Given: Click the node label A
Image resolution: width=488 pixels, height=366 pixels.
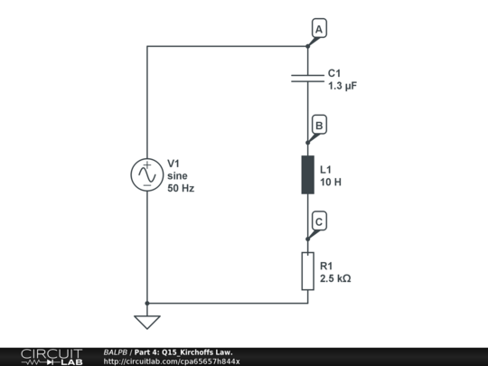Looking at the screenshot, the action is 319,28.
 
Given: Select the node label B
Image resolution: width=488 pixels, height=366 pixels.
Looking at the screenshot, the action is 319,125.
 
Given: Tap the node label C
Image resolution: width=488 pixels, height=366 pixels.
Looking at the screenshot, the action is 319,221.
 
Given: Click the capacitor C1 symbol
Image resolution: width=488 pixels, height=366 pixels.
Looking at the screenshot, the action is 307,79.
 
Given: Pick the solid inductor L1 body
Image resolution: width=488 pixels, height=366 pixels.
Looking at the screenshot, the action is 308,175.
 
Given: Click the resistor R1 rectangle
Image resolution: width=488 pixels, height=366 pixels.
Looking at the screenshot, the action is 308,271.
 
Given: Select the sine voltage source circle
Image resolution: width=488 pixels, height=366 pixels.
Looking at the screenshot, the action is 147,174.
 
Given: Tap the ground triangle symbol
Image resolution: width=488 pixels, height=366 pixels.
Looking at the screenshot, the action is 147,322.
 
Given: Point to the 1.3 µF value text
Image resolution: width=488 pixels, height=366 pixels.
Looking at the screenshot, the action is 343,86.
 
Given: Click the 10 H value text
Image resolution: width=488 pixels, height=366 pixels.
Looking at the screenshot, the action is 331,182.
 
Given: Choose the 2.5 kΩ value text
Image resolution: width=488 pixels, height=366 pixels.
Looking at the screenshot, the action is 335,278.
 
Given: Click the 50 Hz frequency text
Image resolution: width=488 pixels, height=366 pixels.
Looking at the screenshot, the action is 181,188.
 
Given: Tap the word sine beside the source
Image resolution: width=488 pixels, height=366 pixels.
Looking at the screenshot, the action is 177,176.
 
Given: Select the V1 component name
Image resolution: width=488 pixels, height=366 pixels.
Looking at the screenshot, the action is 174,164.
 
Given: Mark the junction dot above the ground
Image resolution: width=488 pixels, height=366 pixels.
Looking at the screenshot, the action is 147,303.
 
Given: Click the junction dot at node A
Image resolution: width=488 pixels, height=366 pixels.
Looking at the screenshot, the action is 308,46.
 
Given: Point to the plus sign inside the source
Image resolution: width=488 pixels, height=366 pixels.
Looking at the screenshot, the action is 147,165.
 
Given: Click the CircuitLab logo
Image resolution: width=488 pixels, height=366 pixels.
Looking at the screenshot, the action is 52,357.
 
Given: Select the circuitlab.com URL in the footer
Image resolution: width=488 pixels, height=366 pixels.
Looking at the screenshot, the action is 172,361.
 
